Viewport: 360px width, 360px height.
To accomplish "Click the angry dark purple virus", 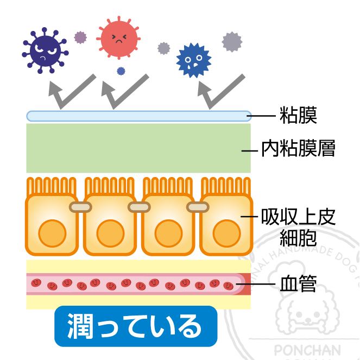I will pos(44,50).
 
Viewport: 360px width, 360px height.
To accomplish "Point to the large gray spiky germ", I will pos(232,41).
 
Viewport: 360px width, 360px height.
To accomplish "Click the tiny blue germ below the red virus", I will pos(121,71).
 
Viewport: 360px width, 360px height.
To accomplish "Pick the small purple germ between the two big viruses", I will pos(80,37).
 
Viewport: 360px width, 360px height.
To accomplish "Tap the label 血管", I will pos(298,284).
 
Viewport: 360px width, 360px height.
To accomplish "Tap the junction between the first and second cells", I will pos(80,207).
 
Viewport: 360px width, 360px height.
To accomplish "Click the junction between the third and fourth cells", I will pos(197,207).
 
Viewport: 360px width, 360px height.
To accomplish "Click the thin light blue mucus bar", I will pos(138,116).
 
